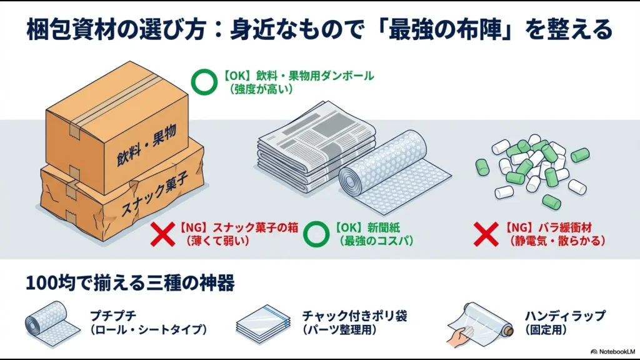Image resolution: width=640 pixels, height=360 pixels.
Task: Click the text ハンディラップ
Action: click(564, 316)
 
